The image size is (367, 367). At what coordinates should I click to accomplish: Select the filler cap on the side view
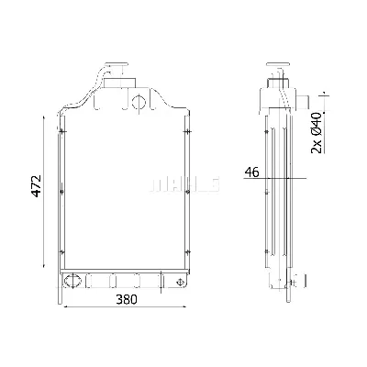coord(273,67)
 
